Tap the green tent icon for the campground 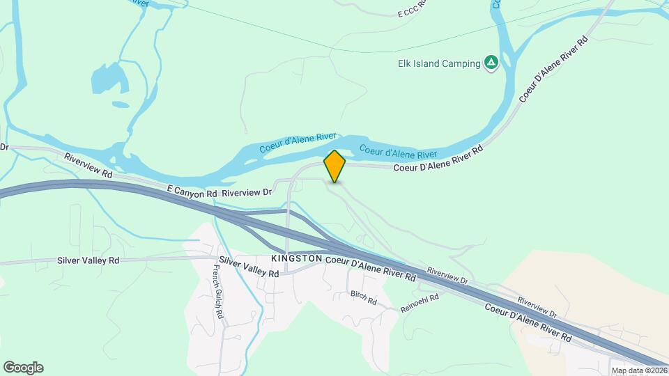491,63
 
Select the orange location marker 334,166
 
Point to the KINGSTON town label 296,258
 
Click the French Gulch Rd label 218,295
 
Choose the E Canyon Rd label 193,191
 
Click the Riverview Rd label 88,166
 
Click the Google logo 23,368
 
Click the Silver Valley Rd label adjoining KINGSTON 249,267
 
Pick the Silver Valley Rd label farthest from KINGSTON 88,260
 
